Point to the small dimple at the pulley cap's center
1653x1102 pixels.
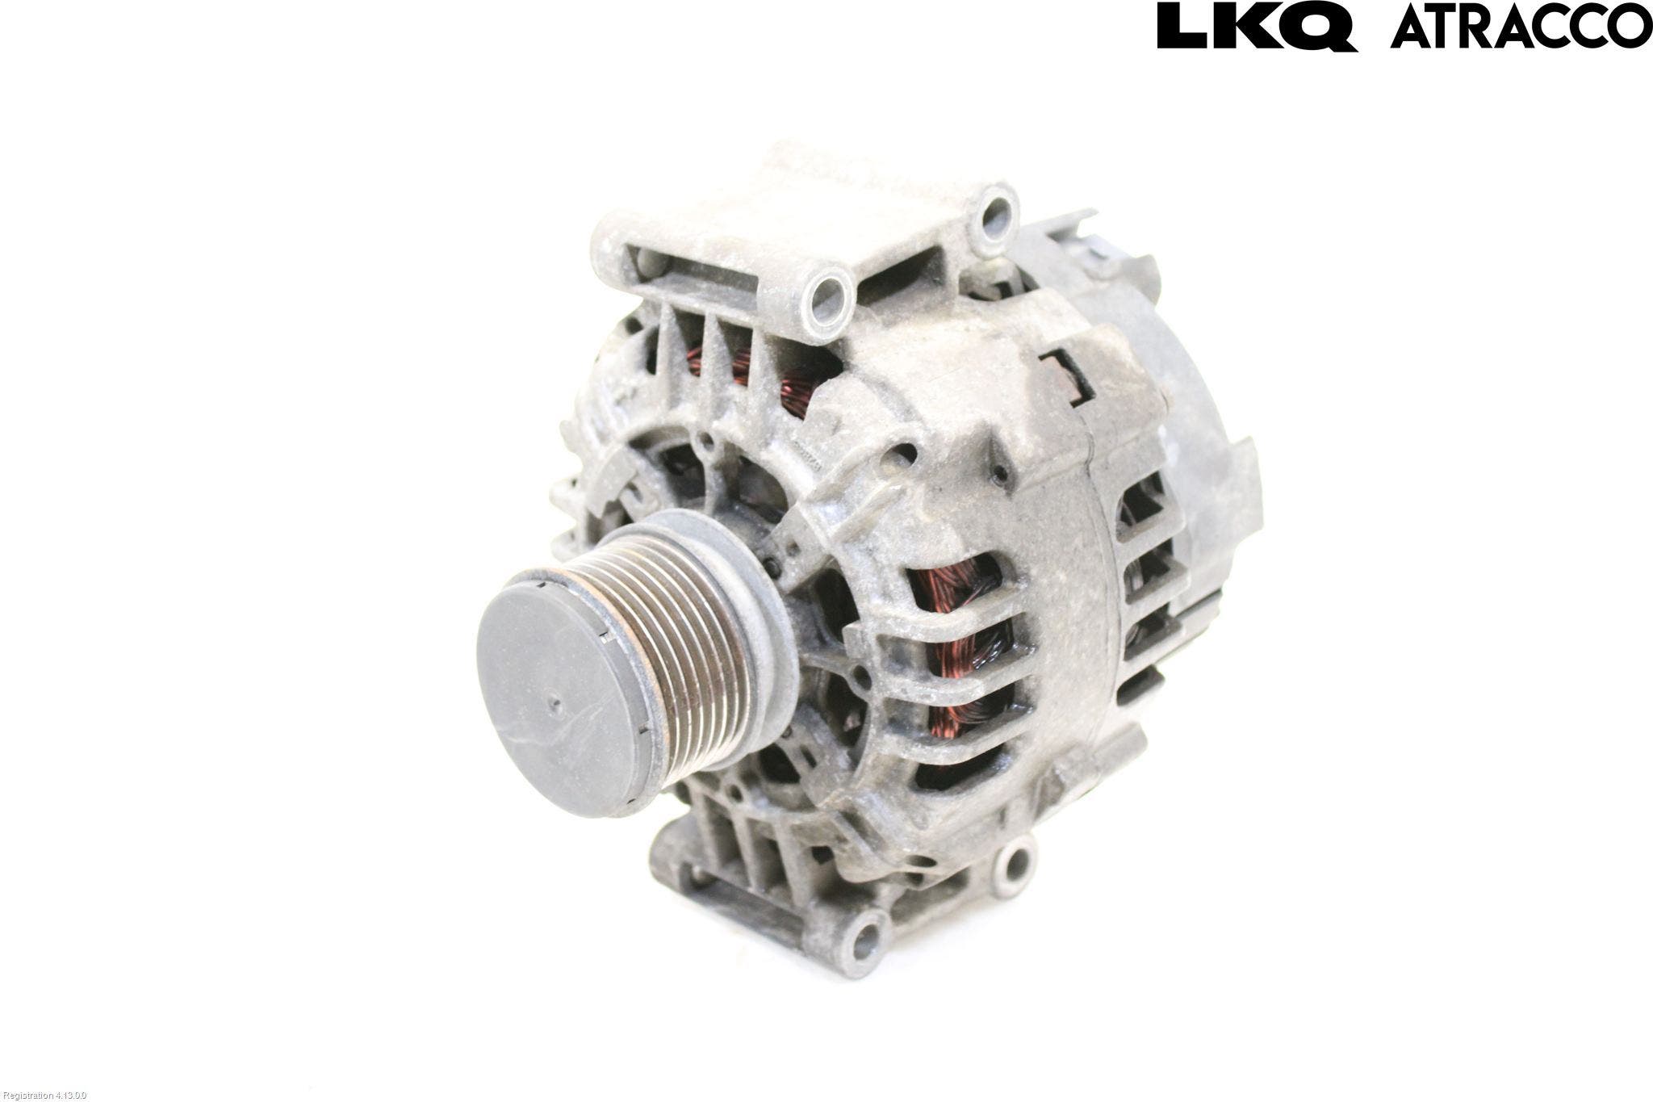tap(554, 703)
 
